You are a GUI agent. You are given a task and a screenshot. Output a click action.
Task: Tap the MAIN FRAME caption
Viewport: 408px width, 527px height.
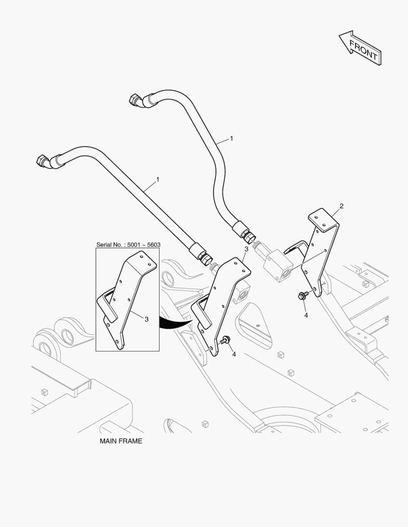pyautogui.click(x=121, y=441)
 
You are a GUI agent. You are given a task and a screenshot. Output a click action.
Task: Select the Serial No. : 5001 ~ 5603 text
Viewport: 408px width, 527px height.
pyautogui.click(x=128, y=244)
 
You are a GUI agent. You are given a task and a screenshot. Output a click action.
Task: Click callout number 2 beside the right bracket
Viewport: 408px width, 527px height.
pyautogui.click(x=342, y=206)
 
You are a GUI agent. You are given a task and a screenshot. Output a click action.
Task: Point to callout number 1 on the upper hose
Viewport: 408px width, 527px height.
pyautogui.click(x=231, y=139)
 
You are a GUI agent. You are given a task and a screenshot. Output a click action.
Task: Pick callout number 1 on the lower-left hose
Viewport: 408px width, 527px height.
pyautogui.click(x=157, y=180)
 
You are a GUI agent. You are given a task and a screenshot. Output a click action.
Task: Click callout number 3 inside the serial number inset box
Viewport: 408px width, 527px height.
pyautogui.click(x=147, y=319)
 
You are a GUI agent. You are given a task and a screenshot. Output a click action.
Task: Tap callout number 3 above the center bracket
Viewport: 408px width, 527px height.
pyautogui.click(x=246, y=249)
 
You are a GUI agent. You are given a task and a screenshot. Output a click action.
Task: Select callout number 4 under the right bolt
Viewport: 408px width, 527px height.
pyautogui.click(x=306, y=316)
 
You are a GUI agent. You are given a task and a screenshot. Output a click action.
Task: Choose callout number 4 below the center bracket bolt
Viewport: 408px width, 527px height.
pyautogui.click(x=234, y=354)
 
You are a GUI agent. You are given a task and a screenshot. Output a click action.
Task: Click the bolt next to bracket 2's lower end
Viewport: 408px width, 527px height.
pyautogui.click(x=302, y=296)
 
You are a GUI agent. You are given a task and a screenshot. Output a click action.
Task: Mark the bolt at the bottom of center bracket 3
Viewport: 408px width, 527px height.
pyautogui.click(x=226, y=340)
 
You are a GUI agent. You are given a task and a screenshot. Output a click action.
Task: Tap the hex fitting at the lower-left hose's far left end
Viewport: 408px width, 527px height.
pyautogui.click(x=43, y=161)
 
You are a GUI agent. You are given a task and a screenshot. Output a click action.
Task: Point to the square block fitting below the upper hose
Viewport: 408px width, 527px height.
pyautogui.click(x=278, y=264)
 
